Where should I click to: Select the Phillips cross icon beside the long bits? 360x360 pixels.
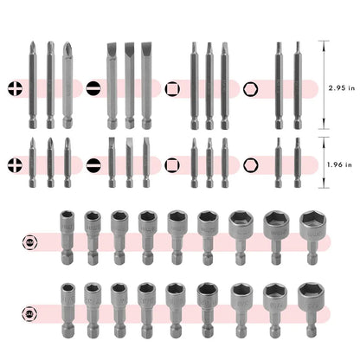[x=14, y=87]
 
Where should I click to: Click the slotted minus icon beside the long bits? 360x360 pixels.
[x=94, y=87]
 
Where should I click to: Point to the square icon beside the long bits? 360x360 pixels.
[x=174, y=87]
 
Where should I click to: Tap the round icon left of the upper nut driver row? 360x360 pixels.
[x=33, y=245]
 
